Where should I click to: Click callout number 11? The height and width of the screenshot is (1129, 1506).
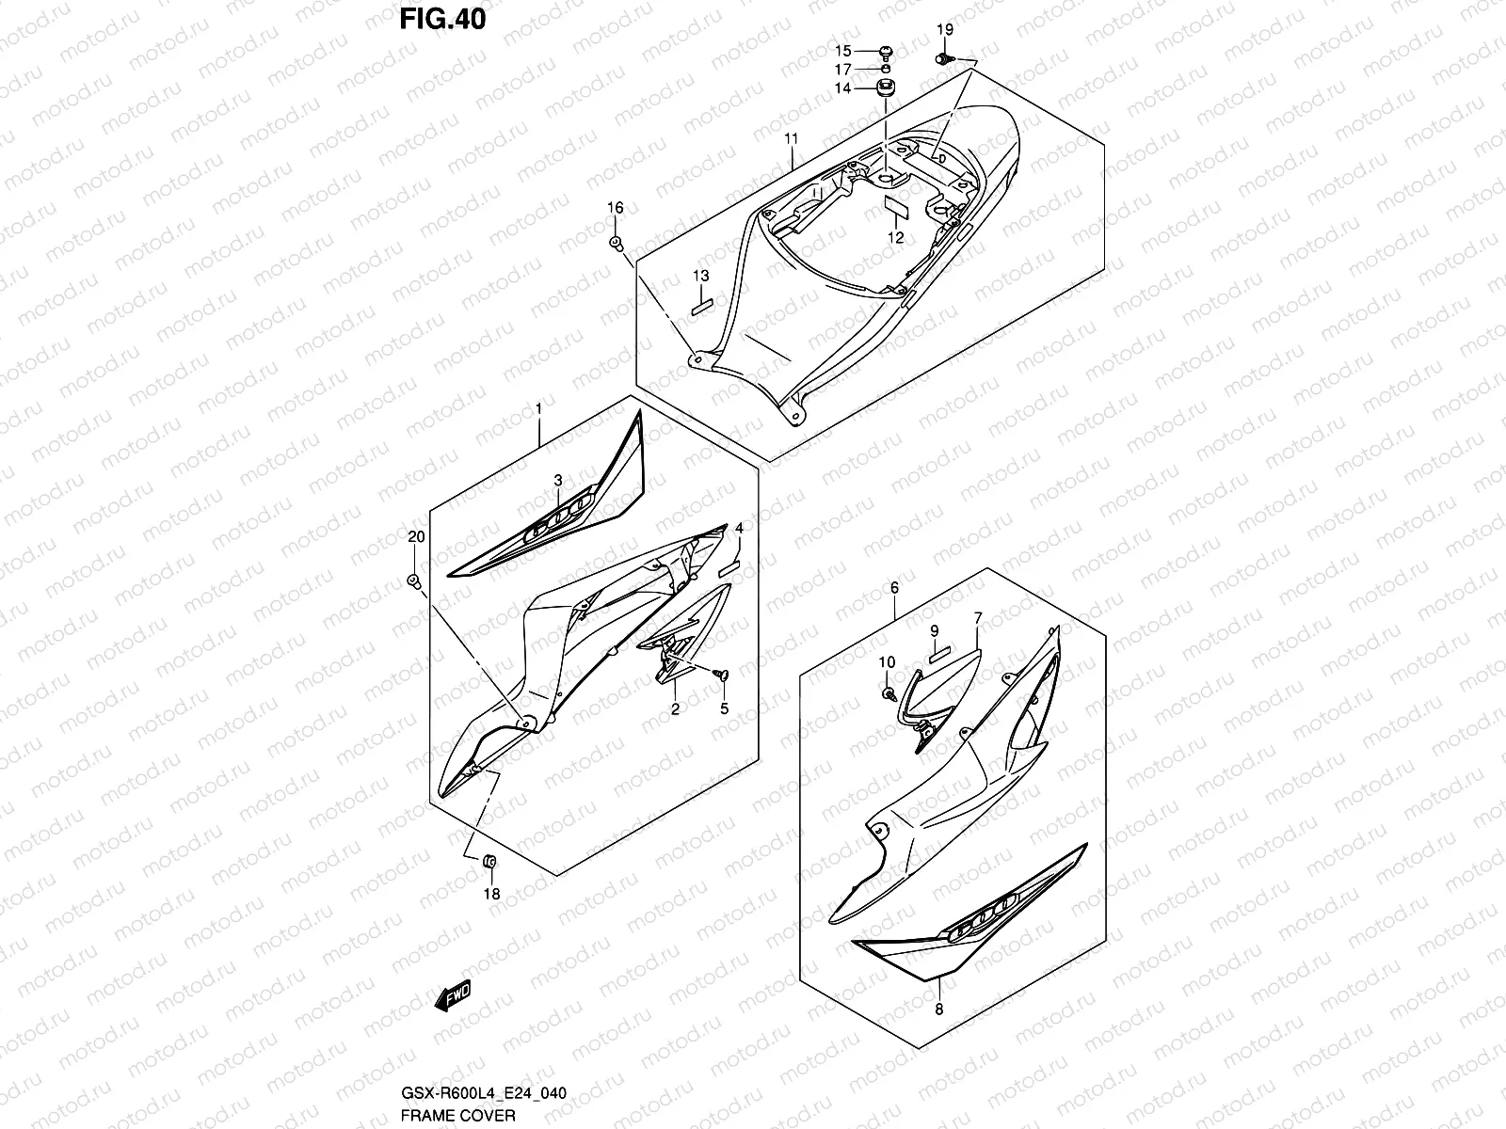pyautogui.click(x=791, y=139)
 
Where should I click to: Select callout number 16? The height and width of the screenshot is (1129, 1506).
pyautogui.click(x=615, y=208)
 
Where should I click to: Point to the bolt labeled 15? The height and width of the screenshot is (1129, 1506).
pyautogui.click(x=886, y=51)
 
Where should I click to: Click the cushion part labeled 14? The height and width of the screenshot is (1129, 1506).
pyautogui.click(x=886, y=88)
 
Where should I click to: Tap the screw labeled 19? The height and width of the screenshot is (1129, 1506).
pyautogui.click(x=942, y=59)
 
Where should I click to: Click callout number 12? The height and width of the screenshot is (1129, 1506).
pyautogui.click(x=896, y=238)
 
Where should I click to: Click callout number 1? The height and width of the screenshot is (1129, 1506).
pyautogui.click(x=538, y=409)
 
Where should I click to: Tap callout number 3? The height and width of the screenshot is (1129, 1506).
pyautogui.click(x=557, y=481)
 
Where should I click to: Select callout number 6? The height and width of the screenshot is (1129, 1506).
pyautogui.click(x=894, y=588)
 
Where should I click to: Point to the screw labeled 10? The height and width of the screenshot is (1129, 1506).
pyautogui.click(x=888, y=692)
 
